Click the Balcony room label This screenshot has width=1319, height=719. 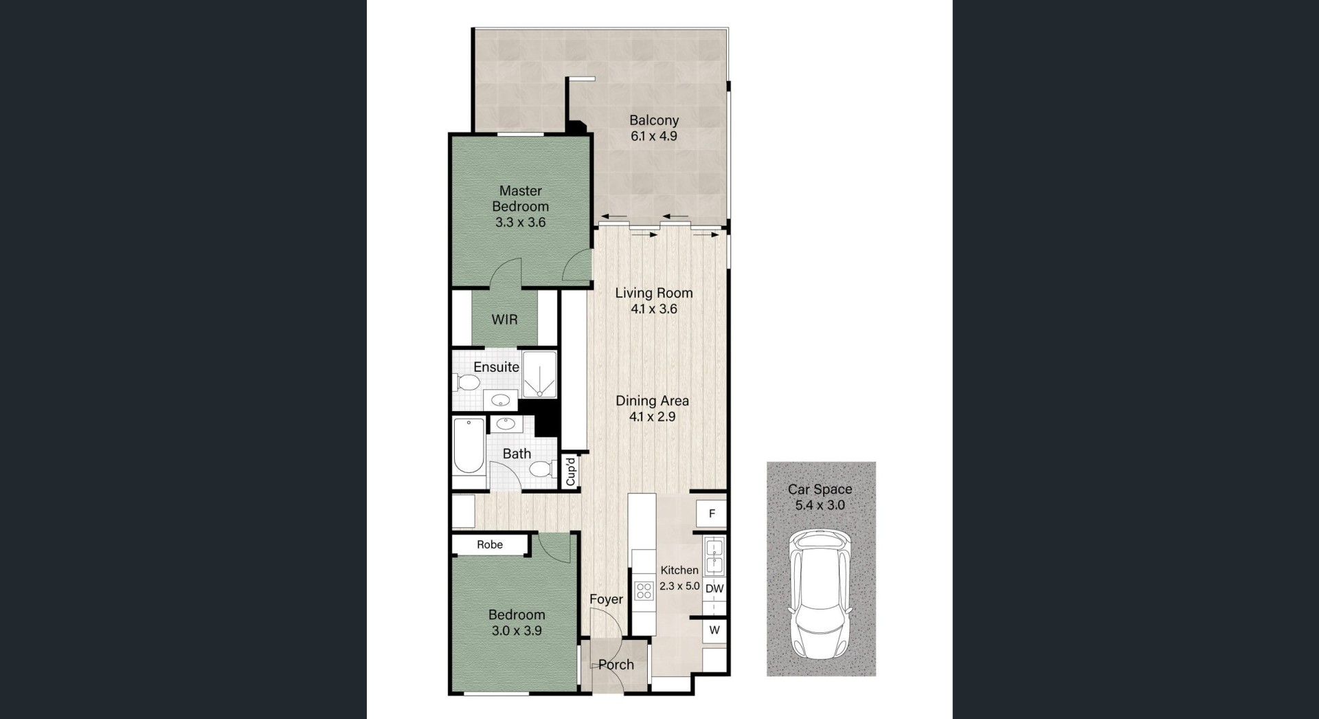point(654,120)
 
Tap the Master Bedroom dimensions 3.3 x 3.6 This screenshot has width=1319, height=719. point(520,222)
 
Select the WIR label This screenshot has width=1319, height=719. point(504,320)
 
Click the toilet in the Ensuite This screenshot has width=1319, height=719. point(467,383)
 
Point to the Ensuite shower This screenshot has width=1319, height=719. point(539,375)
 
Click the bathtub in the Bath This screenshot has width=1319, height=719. point(469,446)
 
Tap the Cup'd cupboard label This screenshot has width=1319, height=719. point(570,472)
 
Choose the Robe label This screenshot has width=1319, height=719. point(490,544)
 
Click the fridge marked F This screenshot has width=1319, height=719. point(712,513)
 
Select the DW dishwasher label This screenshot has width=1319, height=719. point(714,588)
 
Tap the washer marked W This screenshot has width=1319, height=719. point(714,630)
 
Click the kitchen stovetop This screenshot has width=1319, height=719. point(644,590)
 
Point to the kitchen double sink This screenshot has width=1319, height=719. point(714,557)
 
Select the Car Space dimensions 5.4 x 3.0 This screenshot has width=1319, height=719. point(820,505)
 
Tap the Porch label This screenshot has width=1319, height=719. point(616,665)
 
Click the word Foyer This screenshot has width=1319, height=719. point(606,599)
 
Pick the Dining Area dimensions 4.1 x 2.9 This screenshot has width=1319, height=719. point(652,417)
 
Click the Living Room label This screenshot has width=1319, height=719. point(654,293)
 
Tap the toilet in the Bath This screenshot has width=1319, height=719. point(541,469)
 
